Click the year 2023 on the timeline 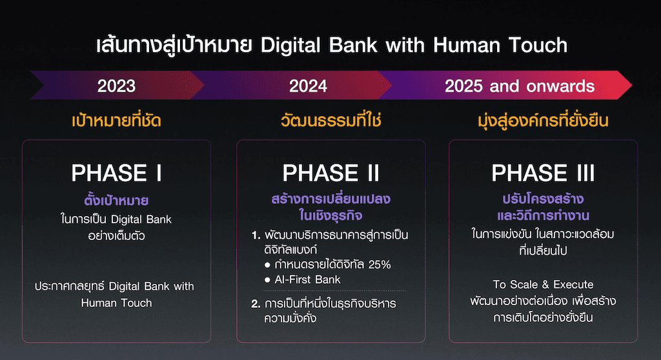pyautogui.click(x=116, y=86)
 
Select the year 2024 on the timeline pyautogui.click(x=308, y=86)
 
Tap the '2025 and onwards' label pyautogui.click(x=520, y=86)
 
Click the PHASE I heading pyautogui.click(x=117, y=173)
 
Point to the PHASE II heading pyautogui.click(x=331, y=173)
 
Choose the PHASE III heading pyautogui.click(x=543, y=173)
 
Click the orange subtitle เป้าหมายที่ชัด pyautogui.click(x=116, y=121)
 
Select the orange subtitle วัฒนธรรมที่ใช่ pyautogui.click(x=331, y=121)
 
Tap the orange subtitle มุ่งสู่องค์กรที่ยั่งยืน pyautogui.click(x=543, y=121)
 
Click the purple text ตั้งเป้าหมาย pyautogui.click(x=116, y=200)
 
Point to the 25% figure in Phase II pyautogui.click(x=380, y=265)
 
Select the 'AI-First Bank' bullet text pyautogui.click(x=307, y=279)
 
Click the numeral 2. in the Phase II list pyautogui.click(x=256, y=303)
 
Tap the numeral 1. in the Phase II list pyautogui.click(x=256, y=235)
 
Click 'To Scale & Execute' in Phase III pyautogui.click(x=543, y=285)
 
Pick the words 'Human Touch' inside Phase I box pyautogui.click(x=116, y=303)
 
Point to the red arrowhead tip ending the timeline pyautogui.click(x=631, y=85)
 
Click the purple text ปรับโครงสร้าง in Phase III pyautogui.click(x=543, y=199)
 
